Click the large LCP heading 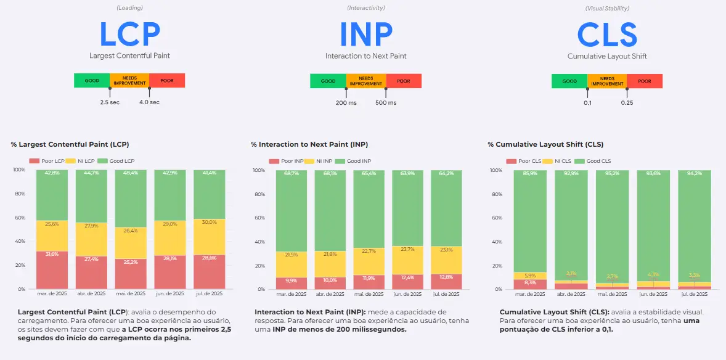pyautogui.click(x=129, y=34)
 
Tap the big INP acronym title pyautogui.click(x=365, y=34)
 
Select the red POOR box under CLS pyautogui.click(x=644, y=81)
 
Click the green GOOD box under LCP pyautogui.click(x=92, y=81)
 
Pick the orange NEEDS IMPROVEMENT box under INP pyautogui.click(x=365, y=81)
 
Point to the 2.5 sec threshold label pyautogui.click(x=110, y=102)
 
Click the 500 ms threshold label pyautogui.click(x=386, y=102)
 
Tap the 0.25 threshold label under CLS pyautogui.click(x=627, y=102)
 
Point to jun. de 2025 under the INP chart pyautogui.click(x=407, y=293)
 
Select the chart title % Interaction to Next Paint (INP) pyautogui.click(x=309, y=145)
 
